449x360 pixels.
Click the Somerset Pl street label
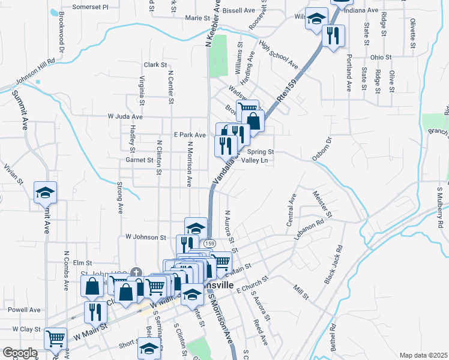90,7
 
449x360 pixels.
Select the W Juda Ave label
125,116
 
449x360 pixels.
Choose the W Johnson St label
145,238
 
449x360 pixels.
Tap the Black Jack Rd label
334,264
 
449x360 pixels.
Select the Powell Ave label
25,310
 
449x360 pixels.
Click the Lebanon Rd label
309,229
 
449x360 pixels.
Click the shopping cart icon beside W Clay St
56,339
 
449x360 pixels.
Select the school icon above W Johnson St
196,228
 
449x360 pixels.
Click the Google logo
20,353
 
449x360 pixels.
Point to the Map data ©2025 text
423,355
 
